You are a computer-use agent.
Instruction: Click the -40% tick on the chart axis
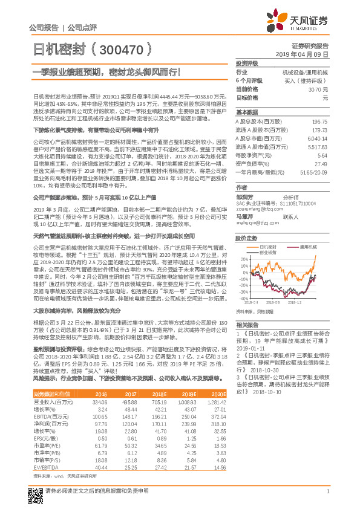click(243, 298)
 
